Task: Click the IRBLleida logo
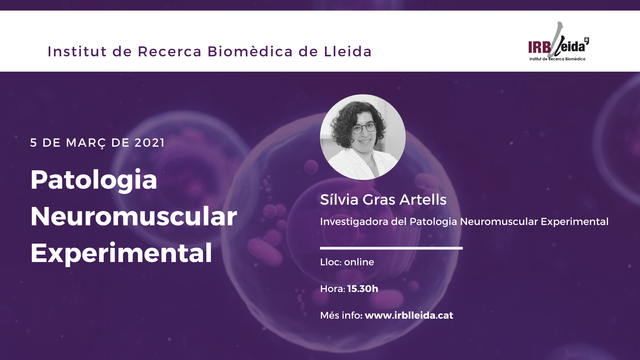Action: tap(558, 42)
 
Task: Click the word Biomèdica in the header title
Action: tap(250, 52)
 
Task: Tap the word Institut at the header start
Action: tap(77, 52)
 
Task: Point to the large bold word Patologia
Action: tap(94, 180)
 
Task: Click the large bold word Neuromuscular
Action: tap(134, 216)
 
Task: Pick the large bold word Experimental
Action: tap(121, 254)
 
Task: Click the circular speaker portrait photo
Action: tap(363, 137)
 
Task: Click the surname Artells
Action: tap(423, 199)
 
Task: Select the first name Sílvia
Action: tap(339, 199)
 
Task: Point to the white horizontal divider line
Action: tap(391, 248)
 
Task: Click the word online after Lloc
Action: tap(359, 262)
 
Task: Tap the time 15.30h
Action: tap(363, 289)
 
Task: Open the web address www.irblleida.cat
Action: tap(409, 315)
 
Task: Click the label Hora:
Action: tap(332, 289)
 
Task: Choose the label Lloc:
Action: tap(331, 262)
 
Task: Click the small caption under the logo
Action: tap(557, 59)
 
